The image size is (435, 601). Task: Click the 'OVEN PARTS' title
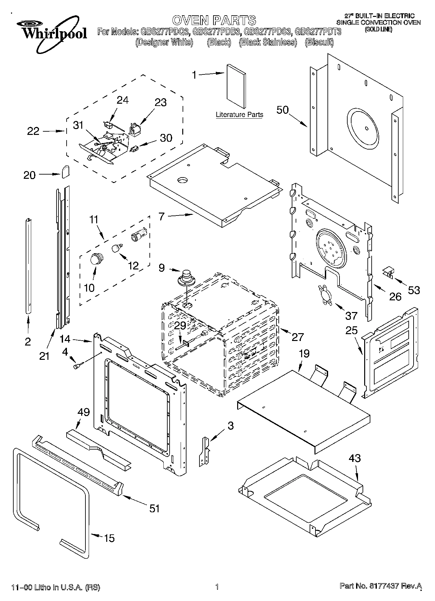coord(214,20)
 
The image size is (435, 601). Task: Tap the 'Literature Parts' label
coord(239,114)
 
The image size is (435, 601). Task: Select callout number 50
coord(282,110)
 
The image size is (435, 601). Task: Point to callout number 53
coord(414,290)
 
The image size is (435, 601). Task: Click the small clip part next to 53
coord(388,272)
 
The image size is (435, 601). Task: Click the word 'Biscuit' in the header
coord(319,42)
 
